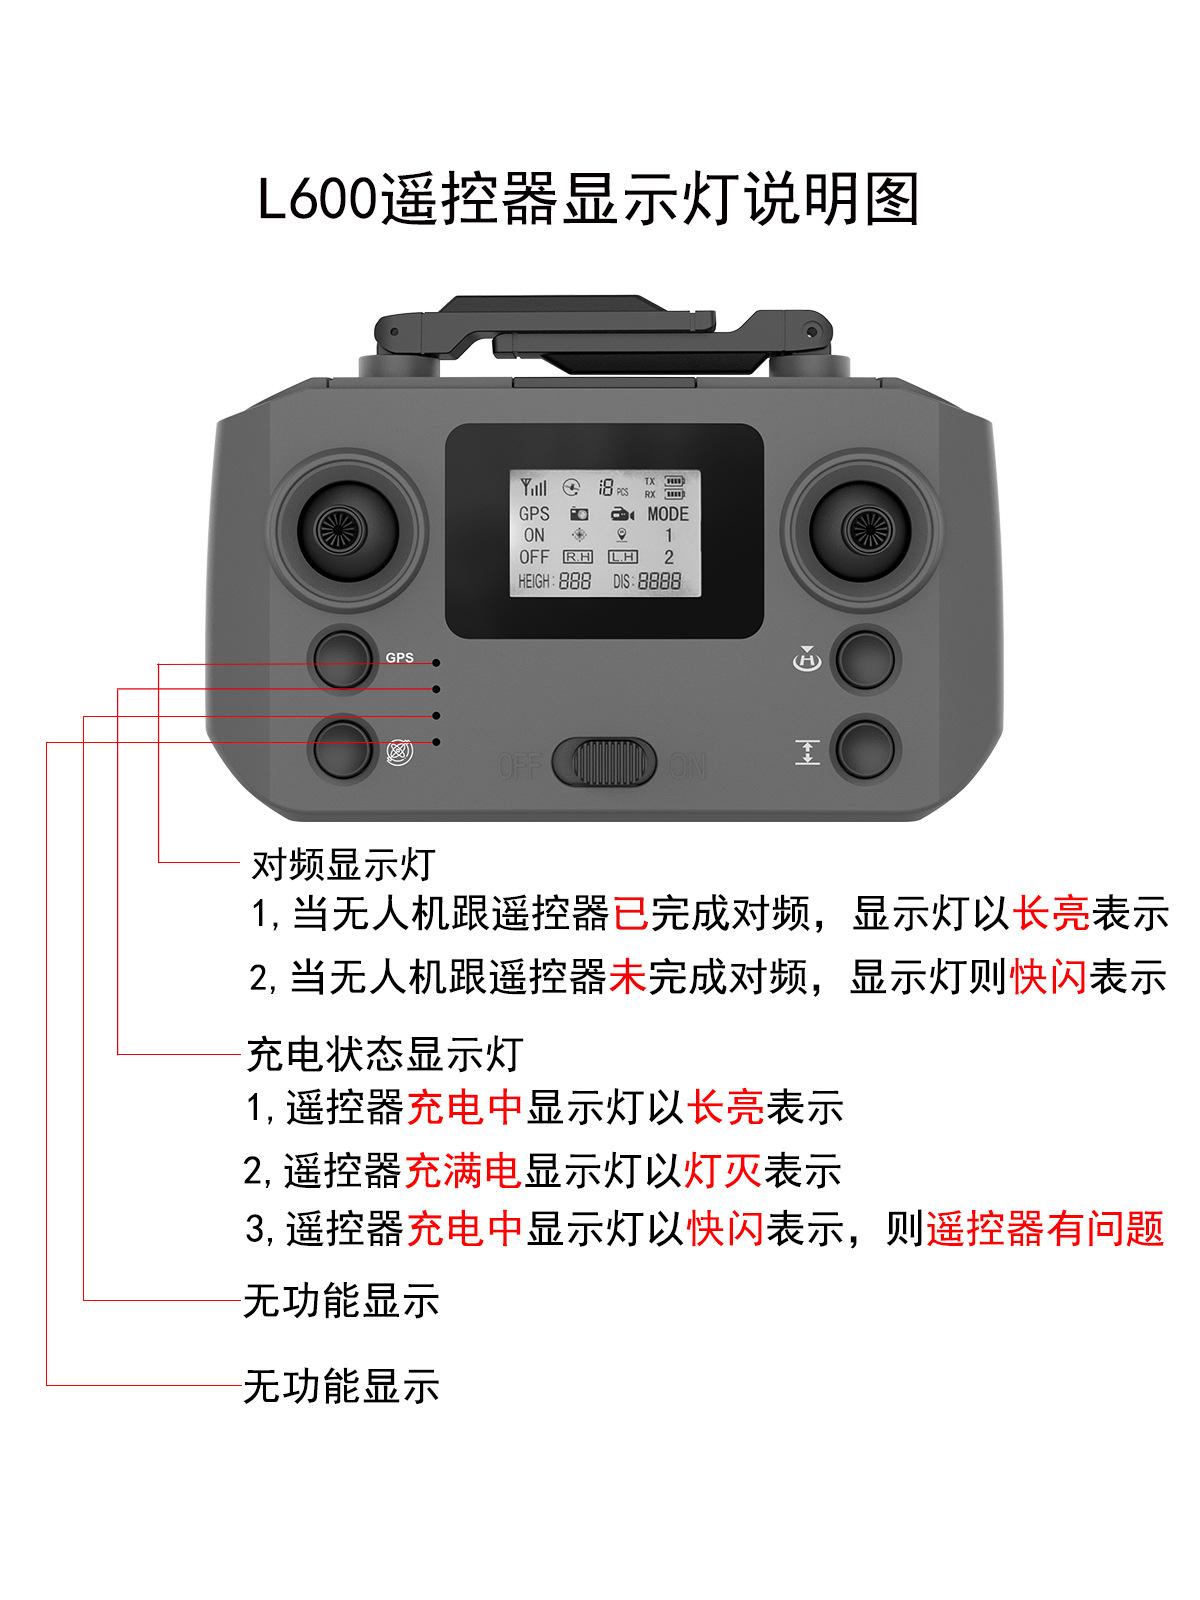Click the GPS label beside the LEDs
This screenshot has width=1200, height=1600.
click(399, 658)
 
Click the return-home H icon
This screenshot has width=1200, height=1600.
click(806, 659)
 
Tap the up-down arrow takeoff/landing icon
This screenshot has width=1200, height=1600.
click(806, 752)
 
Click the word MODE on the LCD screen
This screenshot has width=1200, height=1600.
click(667, 514)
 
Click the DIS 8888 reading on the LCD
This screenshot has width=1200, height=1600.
click(647, 581)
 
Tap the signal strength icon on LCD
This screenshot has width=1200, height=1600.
click(533, 487)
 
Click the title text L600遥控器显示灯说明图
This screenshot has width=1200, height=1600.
click(588, 199)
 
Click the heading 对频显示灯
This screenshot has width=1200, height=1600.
click(343, 864)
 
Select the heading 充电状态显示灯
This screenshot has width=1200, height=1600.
click(385, 1054)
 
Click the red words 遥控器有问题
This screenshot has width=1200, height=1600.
click(1045, 1229)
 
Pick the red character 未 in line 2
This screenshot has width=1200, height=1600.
click(628, 977)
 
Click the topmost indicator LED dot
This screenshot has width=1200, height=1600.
click(436, 663)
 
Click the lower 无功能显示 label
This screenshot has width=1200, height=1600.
click(341, 1386)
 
